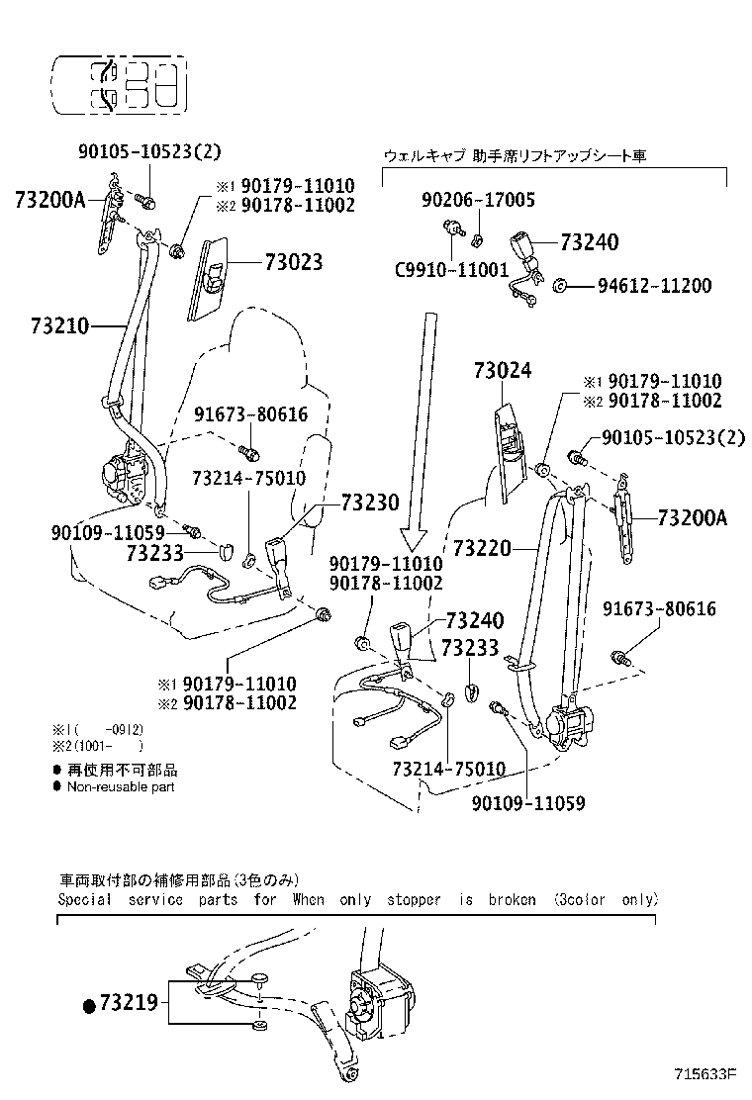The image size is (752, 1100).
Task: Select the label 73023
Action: [x=293, y=262]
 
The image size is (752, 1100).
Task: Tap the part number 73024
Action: [x=502, y=371]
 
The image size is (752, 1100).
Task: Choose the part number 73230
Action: [x=370, y=504]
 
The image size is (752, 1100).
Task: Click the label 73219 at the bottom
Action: [x=128, y=1004]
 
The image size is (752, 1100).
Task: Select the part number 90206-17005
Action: [x=478, y=200]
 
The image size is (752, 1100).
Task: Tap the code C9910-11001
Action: [x=451, y=269]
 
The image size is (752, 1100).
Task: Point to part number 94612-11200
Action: [x=654, y=286]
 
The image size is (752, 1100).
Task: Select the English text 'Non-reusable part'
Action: [x=120, y=787]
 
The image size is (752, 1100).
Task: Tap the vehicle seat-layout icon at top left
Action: [x=118, y=82]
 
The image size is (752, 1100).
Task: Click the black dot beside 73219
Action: [x=89, y=1005]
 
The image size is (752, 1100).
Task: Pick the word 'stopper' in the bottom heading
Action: [x=413, y=900]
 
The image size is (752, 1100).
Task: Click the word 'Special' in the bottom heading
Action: [x=84, y=900]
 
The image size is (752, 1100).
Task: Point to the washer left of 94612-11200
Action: [x=559, y=286]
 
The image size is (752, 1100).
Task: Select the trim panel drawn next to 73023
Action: [x=213, y=278]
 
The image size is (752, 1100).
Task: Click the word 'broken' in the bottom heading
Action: [x=512, y=900]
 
